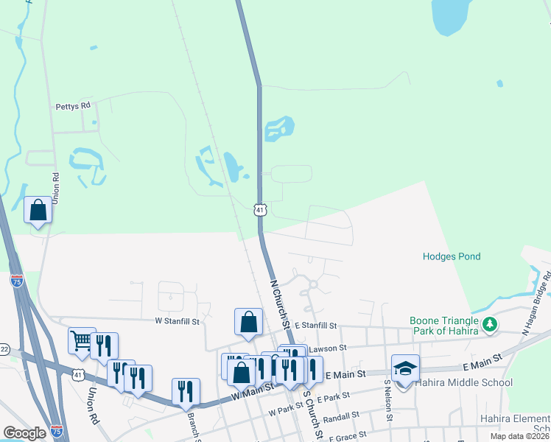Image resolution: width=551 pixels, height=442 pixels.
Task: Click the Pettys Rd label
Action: click(73, 106)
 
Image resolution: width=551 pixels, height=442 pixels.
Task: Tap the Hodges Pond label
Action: click(452, 257)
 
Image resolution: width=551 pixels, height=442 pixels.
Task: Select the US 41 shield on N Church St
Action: click(259, 210)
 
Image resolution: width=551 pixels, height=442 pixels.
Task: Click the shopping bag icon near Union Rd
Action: click(38, 210)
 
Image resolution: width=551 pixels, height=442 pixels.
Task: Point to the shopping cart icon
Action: click(81, 340)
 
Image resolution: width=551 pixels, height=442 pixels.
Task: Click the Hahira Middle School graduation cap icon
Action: click(405, 368)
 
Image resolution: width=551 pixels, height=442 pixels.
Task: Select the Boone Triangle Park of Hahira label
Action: click(446, 324)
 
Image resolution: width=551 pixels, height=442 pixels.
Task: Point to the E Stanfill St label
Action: click(315, 325)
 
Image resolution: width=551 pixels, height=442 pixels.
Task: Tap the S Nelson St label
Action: click(388, 402)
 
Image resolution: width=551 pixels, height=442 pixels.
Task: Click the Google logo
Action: click(24, 433)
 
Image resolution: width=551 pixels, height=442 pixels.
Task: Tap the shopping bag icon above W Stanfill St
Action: click(249, 321)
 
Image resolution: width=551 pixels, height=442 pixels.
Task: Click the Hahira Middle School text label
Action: click(463, 383)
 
